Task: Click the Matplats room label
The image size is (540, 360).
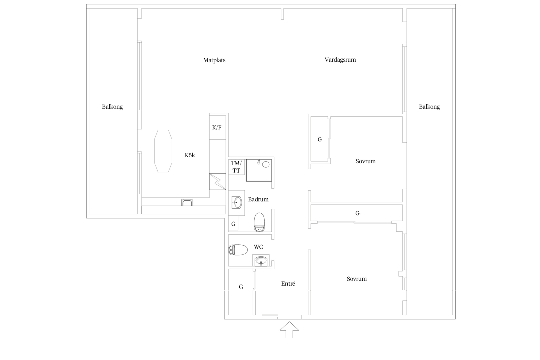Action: click(x=214, y=60)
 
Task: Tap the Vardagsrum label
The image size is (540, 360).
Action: click(x=340, y=60)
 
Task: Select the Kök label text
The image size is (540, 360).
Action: click(x=190, y=155)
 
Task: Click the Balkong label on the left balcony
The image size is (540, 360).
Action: click(x=112, y=107)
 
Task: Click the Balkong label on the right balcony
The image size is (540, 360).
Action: click(x=429, y=107)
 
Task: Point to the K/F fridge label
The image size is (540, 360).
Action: click(x=217, y=127)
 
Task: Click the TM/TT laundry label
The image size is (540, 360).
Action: click(x=236, y=167)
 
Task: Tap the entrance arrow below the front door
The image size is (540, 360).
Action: click(x=289, y=329)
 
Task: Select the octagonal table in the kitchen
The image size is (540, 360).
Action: click(x=163, y=151)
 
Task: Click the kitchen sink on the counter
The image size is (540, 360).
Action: click(x=187, y=203)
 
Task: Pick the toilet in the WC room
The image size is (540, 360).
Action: click(x=238, y=250)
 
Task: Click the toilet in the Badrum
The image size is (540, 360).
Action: click(x=259, y=222)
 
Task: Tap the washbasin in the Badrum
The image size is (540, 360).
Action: click(x=237, y=202)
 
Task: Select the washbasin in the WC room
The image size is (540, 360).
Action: click(x=261, y=261)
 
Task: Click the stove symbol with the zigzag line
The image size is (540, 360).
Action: click(x=218, y=182)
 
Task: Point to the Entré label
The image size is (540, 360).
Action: click(x=288, y=284)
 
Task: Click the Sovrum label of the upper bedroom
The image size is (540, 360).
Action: click(x=365, y=161)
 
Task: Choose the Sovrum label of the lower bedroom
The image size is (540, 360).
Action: click(x=357, y=279)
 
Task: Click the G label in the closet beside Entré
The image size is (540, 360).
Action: click(x=241, y=287)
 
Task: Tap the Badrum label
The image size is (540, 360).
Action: click(x=258, y=199)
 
